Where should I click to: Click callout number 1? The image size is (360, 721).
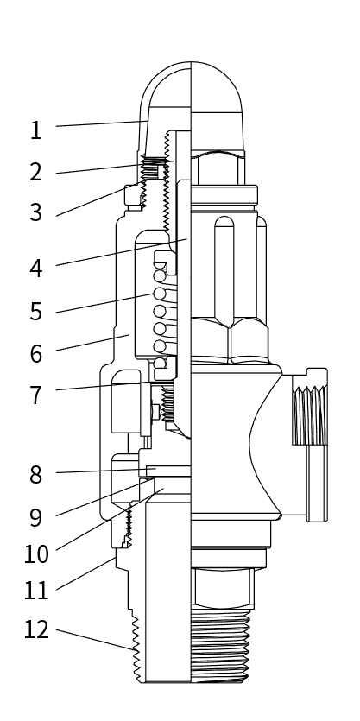pyautogui.click(x=35, y=130)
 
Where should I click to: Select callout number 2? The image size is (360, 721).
pyautogui.click(x=35, y=172)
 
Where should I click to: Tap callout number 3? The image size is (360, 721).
pyautogui.click(x=35, y=212)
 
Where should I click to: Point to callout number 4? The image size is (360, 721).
pyautogui.click(x=35, y=268)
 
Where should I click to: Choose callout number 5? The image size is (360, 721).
pyautogui.click(x=35, y=311)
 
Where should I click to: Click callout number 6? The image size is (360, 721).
pyautogui.click(x=35, y=353)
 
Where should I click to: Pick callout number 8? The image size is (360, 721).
pyautogui.click(x=35, y=474)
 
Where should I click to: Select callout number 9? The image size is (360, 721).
pyautogui.click(x=35, y=516)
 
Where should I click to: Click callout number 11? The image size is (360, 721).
pyautogui.click(x=35, y=591)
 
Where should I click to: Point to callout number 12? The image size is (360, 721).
pyautogui.click(x=35, y=630)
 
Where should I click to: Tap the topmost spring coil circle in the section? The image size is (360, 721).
pyautogui.click(x=160, y=275)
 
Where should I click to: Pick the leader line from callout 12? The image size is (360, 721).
pyautogui.click(x=95, y=640)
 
